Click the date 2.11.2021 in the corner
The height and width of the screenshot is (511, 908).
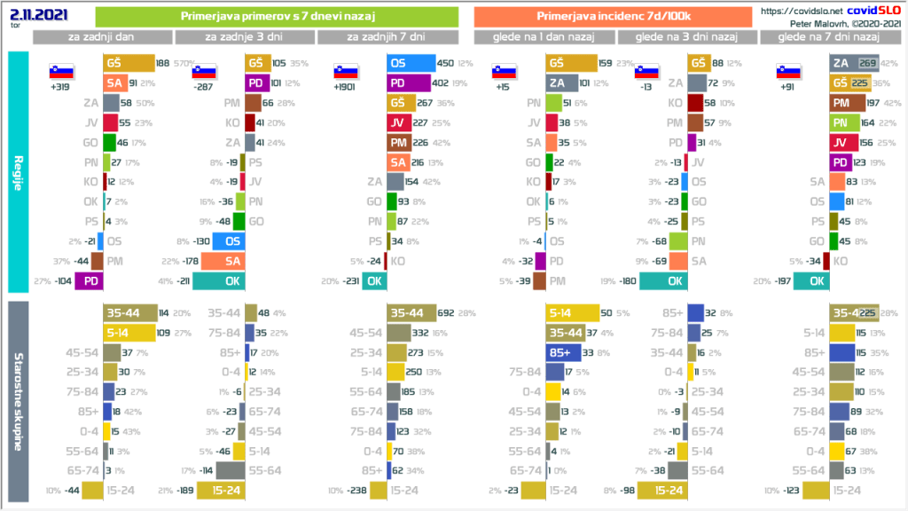33,14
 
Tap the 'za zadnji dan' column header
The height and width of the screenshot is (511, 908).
103,36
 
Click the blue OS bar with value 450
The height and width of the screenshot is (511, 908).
411,63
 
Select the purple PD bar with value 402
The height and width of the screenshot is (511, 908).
411,83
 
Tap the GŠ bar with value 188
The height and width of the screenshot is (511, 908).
128,63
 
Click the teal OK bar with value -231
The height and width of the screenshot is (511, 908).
375,281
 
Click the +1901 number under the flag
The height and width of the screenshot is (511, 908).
346,88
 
